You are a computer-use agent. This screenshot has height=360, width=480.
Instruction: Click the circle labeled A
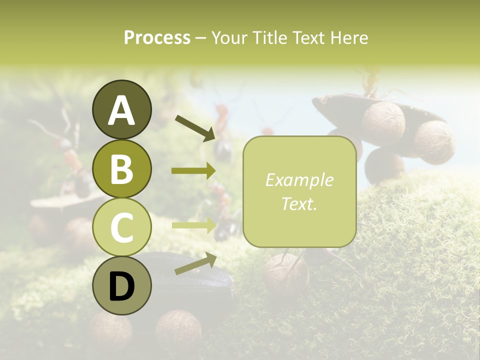coord(121,110)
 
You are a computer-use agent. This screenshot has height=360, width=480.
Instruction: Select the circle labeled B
coord(121,169)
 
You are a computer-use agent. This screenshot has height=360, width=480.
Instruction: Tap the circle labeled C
coord(121,227)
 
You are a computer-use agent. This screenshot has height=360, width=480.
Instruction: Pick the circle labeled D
coord(121,286)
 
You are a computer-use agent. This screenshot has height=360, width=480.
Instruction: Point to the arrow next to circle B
coord(193,171)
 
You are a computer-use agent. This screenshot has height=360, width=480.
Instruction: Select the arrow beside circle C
coord(193,225)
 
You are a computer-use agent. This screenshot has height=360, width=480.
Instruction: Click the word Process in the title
coord(157,37)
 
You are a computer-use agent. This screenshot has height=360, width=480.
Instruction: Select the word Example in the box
coord(299,180)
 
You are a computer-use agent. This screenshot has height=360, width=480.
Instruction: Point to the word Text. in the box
coord(299,203)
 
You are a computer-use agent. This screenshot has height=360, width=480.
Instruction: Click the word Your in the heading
coord(228,37)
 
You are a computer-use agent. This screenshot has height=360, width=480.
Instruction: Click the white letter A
coord(121,110)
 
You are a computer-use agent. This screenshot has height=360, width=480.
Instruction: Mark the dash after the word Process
coord(200,38)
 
